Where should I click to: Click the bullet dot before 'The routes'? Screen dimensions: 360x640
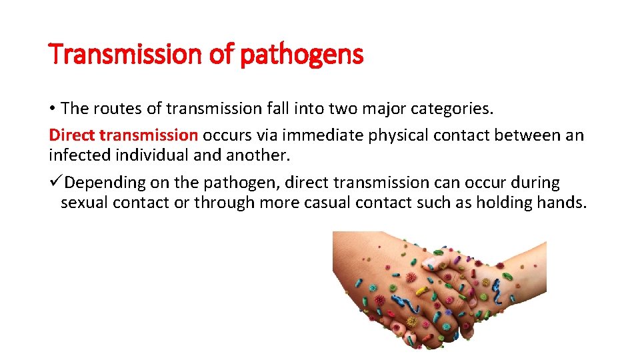tap(52, 108)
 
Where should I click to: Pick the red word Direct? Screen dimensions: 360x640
tap(71, 135)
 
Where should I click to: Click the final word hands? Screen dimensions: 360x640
tap(561, 203)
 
